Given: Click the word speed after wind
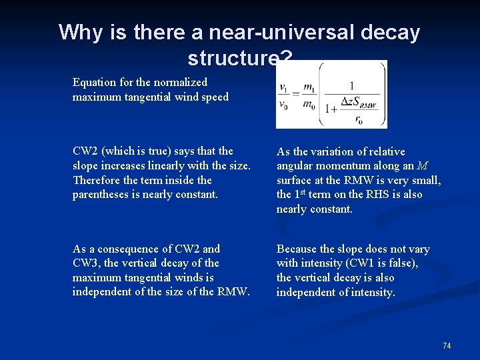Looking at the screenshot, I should point(215,97).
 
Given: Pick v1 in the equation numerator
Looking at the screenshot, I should point(283,88).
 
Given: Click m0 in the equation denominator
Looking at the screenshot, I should point(309,105).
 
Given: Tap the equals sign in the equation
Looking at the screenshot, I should point(296,95).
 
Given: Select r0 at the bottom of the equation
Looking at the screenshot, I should point(359,120).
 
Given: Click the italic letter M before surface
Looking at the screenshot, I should point(423,166).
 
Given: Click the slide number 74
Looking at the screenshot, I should point(447,345).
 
